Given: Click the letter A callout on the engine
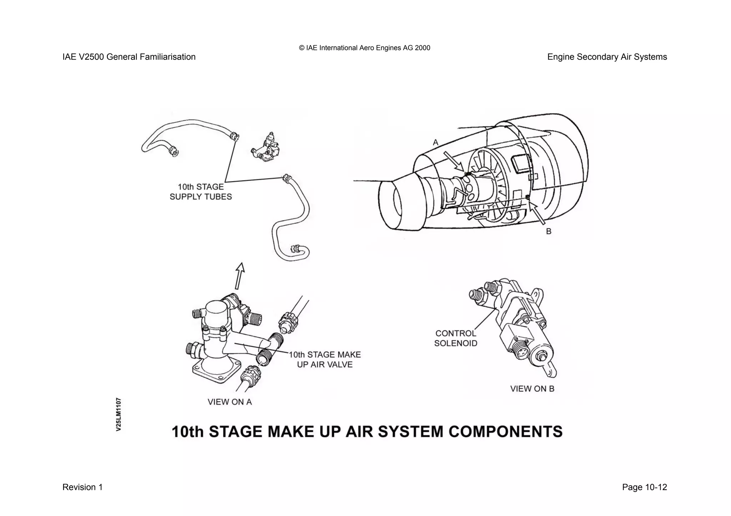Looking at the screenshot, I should [x=435, y=142].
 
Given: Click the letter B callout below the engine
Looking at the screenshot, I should [x=549, y=231].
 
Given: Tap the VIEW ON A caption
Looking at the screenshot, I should [x=230, y=402].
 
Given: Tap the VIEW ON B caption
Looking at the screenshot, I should [x=532, y=389].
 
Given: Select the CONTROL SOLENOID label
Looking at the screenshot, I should [x=456, y=338].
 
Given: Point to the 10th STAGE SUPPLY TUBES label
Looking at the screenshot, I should [x=201, y=192].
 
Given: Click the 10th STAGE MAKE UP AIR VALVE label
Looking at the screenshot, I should [x=324, y=359].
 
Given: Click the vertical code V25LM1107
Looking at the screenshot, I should [x=119, y=414].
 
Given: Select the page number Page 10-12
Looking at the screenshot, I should [x=644, y=487].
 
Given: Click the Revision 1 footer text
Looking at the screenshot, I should [x=82, y=487].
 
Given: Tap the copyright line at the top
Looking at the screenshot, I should [x=364, y=48].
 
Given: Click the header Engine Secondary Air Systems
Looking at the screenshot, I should [x=607, y=57].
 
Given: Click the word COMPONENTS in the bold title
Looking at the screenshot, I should [x=505, y=431].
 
